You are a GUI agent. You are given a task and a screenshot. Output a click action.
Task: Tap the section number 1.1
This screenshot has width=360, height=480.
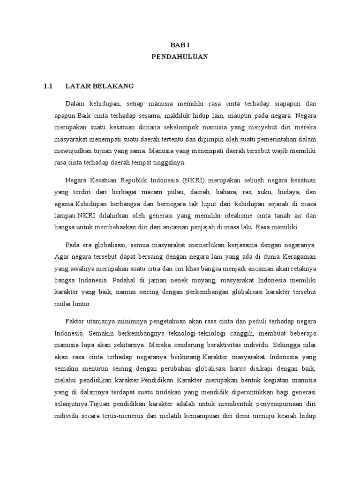click(x=48, y=86)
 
